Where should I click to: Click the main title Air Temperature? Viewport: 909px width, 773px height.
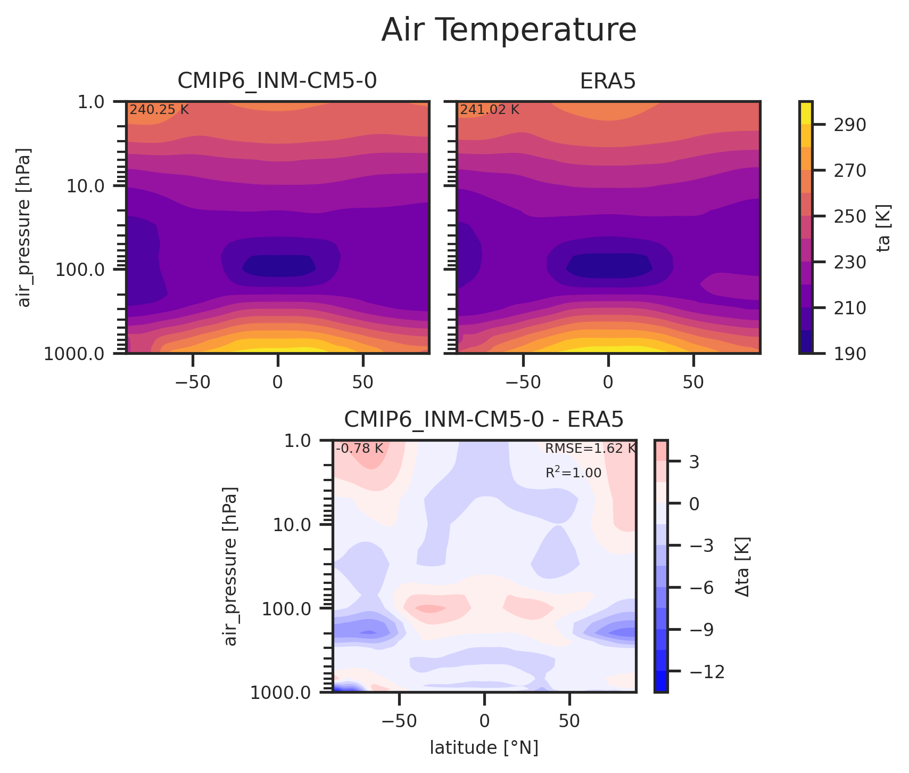coord(508,30)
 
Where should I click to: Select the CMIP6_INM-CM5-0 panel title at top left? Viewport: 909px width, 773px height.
coord(277,81)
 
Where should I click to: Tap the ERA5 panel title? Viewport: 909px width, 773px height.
coord(608,81)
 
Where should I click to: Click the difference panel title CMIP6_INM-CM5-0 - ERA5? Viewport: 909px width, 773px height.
coord(483,420)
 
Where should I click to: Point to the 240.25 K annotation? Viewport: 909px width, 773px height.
coord(159,110)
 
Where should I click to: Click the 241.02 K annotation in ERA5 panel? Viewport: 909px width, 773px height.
coord(490,110)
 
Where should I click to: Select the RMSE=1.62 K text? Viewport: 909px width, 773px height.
coord(590,449)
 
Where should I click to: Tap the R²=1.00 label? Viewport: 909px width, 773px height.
coord(573,473)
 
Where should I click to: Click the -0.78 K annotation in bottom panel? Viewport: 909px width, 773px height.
coord(359,449)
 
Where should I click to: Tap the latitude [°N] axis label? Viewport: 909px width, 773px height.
coord(484,748)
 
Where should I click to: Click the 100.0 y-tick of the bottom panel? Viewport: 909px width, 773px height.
coord(291,609)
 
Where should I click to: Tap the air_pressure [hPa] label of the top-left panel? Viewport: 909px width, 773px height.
coord(24,227)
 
